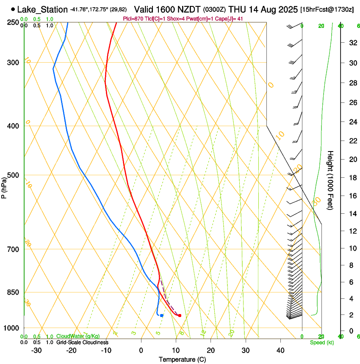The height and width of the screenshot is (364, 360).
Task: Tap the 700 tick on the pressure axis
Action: pos(14,249)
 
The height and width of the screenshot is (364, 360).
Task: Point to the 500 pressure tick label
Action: pos(14,175)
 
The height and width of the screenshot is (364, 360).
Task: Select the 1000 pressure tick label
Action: pos(12,328)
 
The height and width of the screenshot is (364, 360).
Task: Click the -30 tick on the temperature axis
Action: pos(36,350)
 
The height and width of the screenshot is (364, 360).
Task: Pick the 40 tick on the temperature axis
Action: pos(280,350)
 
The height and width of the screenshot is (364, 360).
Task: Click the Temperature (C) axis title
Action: pos(182,359)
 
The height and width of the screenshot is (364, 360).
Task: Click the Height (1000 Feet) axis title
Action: pos(331,180)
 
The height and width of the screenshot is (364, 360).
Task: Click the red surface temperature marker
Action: pos(180,315)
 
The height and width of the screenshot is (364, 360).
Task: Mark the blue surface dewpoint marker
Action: pos(162,315)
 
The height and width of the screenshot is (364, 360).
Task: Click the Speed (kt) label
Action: pos(321,342)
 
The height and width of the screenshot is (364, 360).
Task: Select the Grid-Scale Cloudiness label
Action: pos(82,342)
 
